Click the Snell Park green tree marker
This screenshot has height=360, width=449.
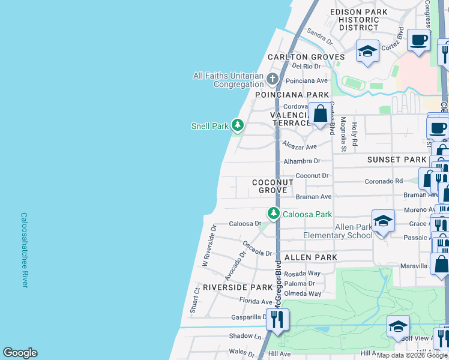(x=238, y=125)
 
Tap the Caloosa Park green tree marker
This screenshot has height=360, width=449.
(x=274, y=214)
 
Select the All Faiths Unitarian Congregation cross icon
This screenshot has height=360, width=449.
(x=273, y=79)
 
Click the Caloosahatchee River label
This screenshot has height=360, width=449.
(x=24, y=250)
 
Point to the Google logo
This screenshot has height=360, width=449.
(x=20, y=353)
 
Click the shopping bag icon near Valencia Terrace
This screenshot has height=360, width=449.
(x=321, y=113)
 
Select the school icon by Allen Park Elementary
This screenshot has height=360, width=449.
(x=383, y=220)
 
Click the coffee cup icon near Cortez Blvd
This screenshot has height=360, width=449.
(x=419, y=40)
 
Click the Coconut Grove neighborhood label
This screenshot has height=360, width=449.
(x=273, y=186)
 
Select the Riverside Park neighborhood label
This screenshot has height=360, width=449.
(x=238, y=287)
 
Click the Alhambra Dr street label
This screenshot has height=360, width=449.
(x=302, y=161)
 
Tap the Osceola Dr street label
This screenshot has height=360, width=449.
(x=258, y=248)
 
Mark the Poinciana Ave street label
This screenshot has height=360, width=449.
(x=307, y=80)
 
